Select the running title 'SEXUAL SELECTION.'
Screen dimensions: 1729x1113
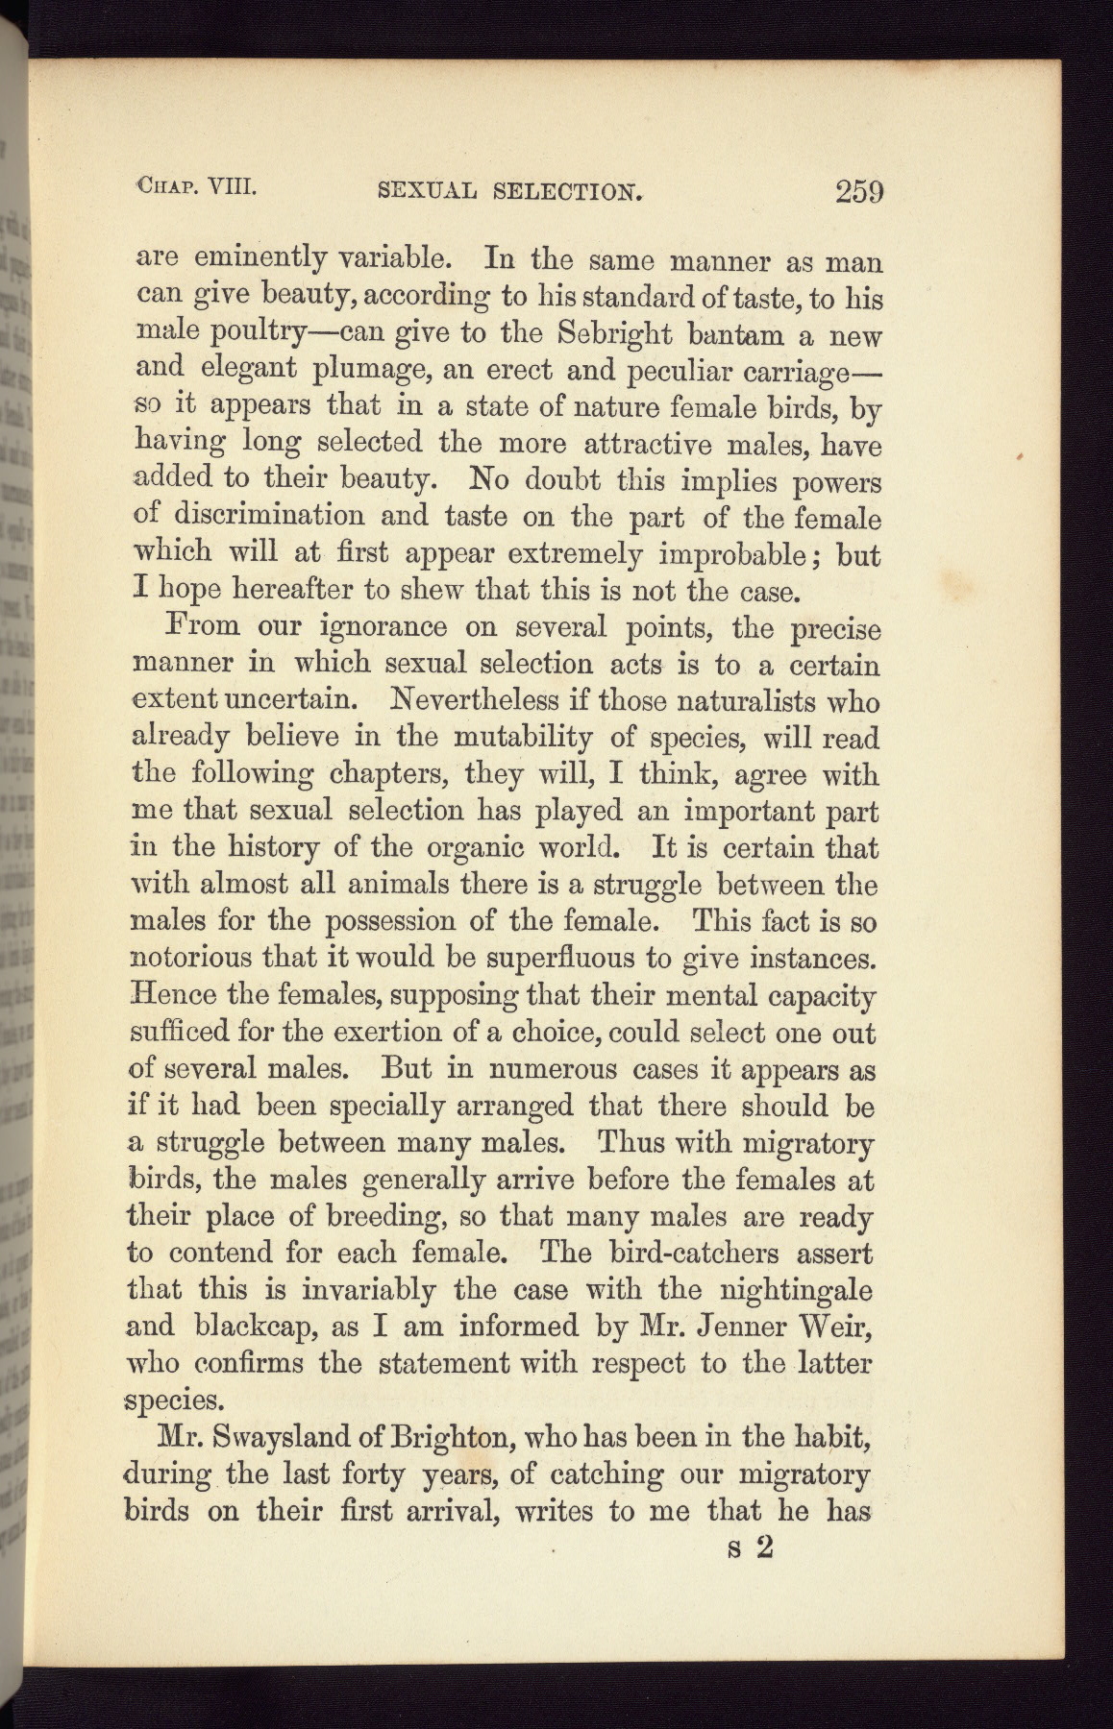point(510,191)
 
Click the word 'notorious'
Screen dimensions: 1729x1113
point(189,958)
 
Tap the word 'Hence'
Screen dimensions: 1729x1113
point(169,994)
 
